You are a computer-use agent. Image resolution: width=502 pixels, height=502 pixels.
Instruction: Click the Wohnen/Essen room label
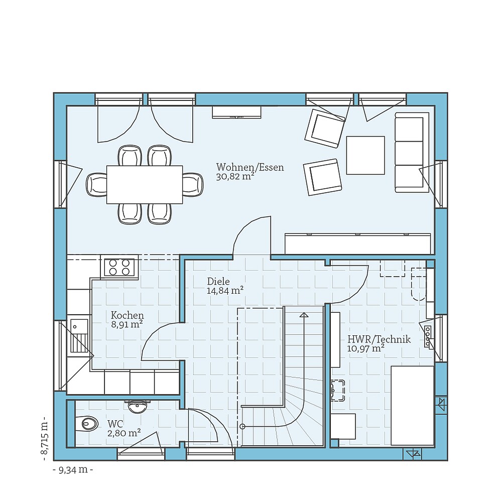[x=250, y=167]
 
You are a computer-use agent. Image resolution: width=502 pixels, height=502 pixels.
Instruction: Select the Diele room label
[x=218, y=282]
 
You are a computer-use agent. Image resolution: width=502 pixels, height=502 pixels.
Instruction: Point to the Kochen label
[x=128, y=316]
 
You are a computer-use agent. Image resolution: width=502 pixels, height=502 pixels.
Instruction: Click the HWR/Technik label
[x=379, y=339]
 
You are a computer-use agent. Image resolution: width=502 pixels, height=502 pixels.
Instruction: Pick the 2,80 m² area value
[x=123, y=433]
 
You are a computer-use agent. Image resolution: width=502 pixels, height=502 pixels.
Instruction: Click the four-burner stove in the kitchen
[x=119, y=267]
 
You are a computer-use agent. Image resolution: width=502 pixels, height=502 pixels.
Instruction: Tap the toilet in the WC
[x=88, y=424]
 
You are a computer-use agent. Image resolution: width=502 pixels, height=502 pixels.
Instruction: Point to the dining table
[x=145, y=185]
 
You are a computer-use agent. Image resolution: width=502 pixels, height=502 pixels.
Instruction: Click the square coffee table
[x=365, y=155]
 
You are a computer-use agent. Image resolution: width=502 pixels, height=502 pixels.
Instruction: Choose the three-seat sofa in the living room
[x=411, y=153]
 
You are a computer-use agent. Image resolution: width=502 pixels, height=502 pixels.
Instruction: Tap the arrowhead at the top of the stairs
[x=303, y=315]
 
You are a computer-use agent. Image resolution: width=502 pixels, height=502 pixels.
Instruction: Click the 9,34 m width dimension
[x=73, y=470]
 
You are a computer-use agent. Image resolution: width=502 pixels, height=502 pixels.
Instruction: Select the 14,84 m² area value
[x=225, y=291]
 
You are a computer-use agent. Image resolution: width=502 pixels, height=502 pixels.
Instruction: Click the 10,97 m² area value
[x=366, y=348]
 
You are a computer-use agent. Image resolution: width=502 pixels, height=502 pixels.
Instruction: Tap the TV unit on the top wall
[x=236, y=112]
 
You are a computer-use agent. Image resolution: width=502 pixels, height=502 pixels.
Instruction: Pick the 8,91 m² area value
[x=127, y=325]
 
